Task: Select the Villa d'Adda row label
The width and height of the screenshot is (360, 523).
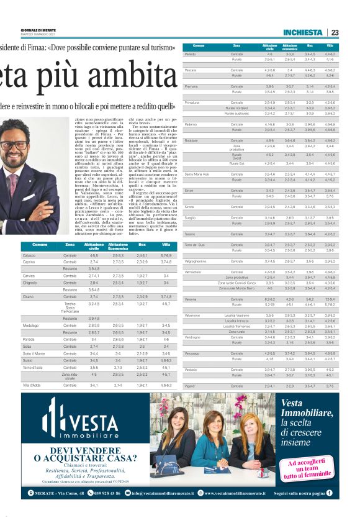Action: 32,385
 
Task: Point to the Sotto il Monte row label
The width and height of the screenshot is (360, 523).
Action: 34,352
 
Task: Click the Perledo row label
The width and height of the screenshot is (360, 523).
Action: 191,54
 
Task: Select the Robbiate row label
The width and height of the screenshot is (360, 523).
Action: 192,140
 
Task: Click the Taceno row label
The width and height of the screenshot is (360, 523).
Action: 190,234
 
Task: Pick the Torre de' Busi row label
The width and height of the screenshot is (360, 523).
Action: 195,246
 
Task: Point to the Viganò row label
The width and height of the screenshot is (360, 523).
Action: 190,386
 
